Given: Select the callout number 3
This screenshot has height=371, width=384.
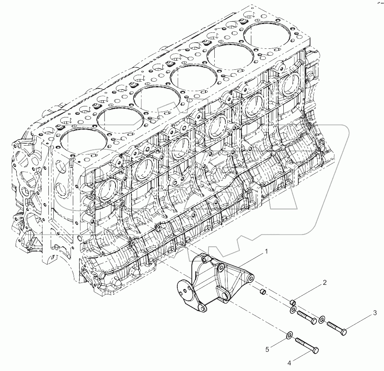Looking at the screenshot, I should coord(375,313).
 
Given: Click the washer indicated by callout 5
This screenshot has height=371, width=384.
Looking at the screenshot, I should coord(289,336).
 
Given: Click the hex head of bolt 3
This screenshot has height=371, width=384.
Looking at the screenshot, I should coord(343,332).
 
